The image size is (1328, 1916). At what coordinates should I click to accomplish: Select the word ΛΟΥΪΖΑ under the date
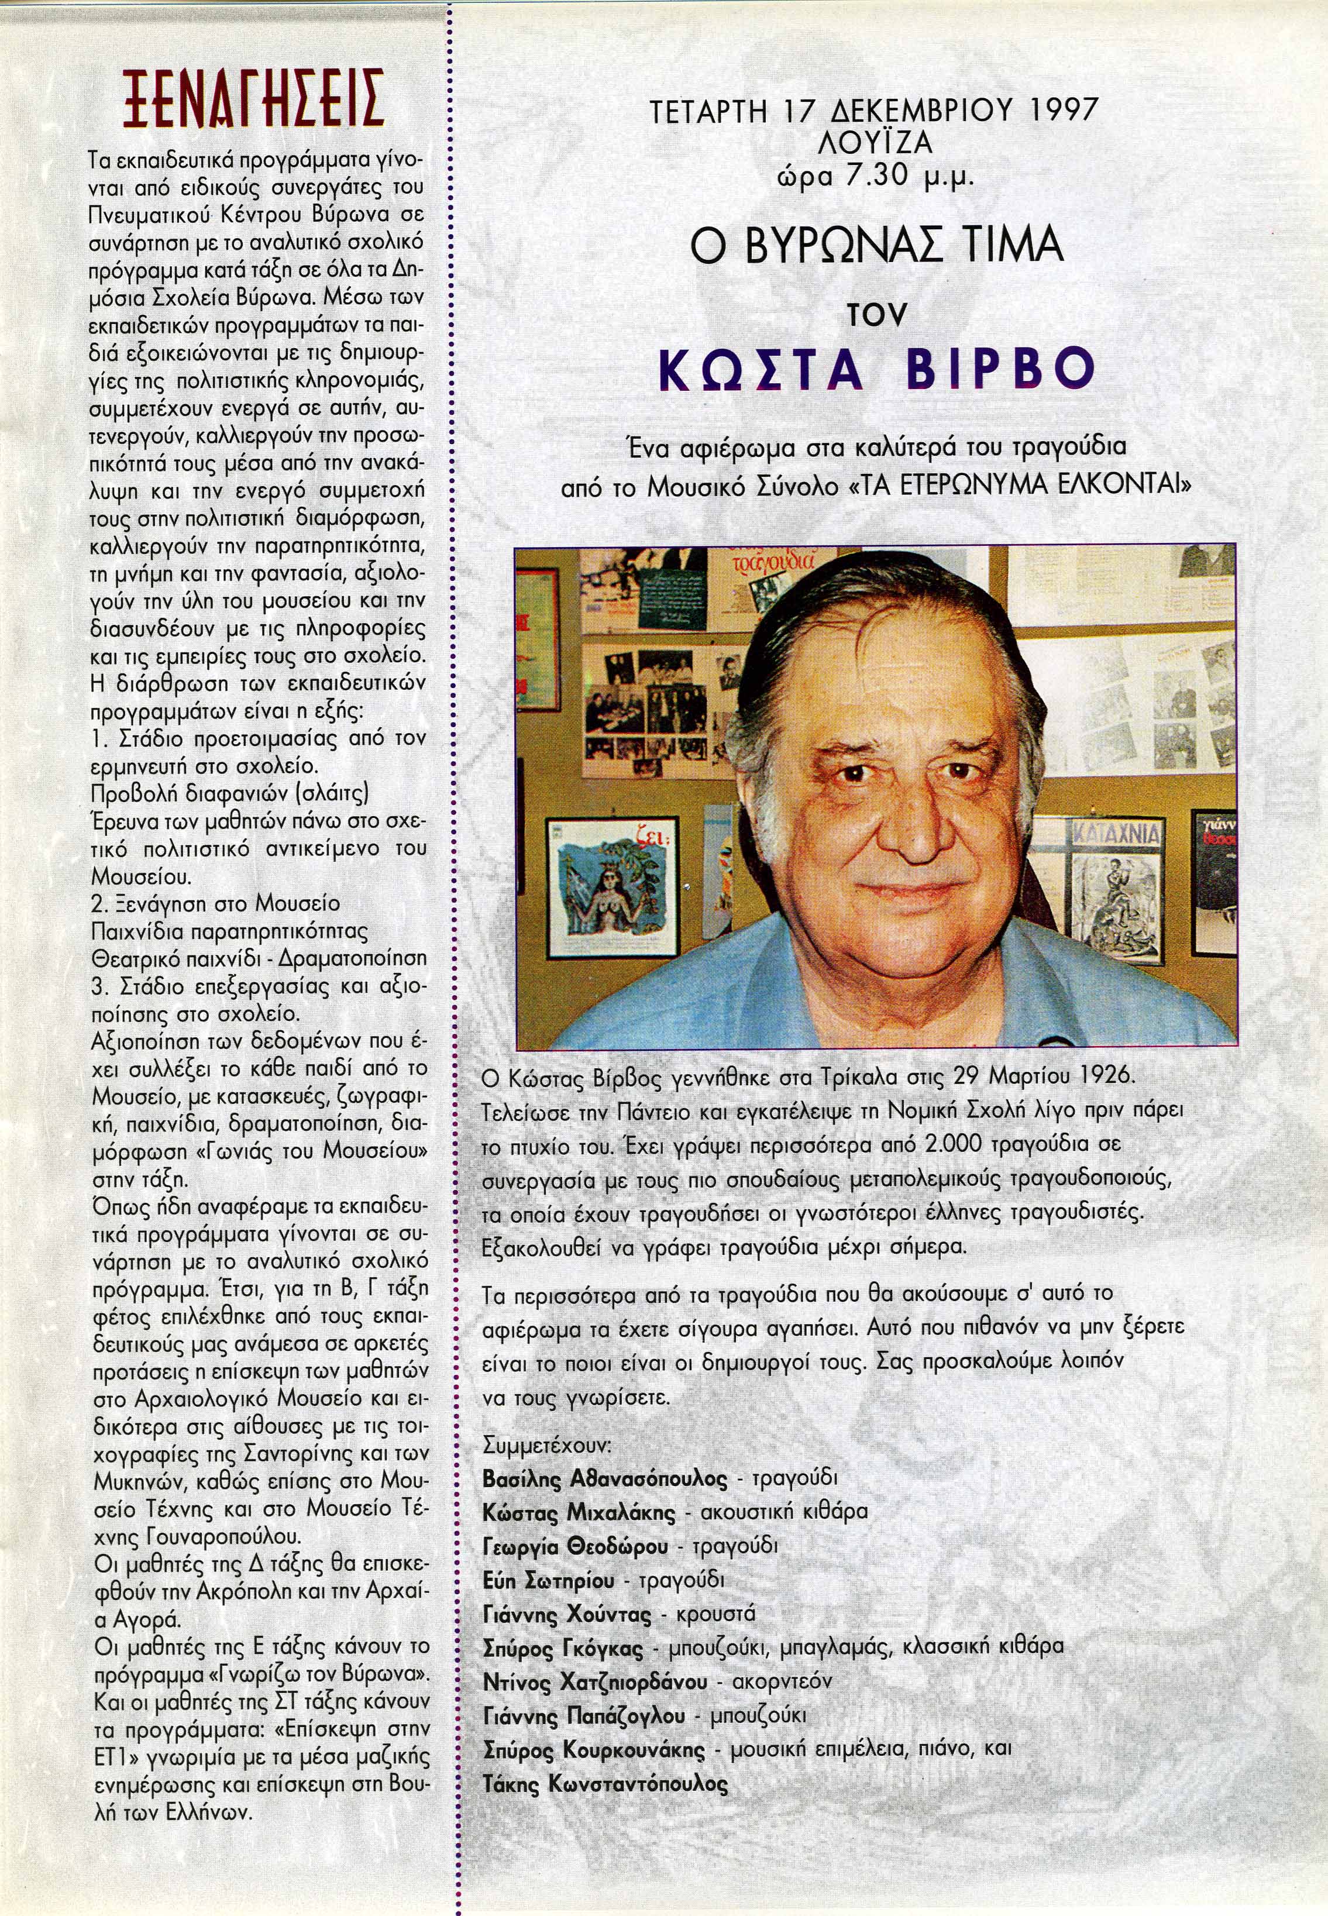[x=873, y=144]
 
